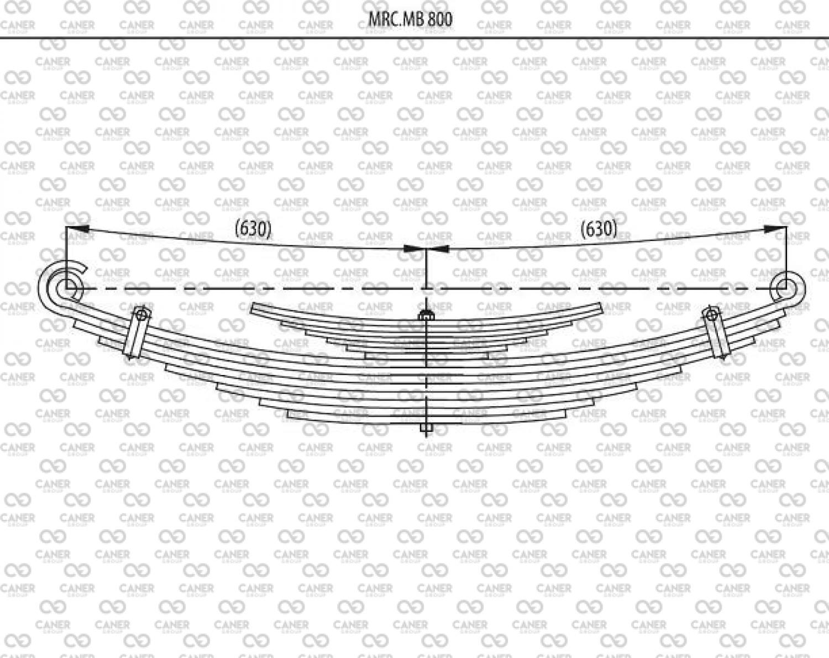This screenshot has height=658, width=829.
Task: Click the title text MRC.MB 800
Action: [410, 19]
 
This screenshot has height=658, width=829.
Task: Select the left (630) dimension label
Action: [253, 229]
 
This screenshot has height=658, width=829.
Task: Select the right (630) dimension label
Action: [599, 229]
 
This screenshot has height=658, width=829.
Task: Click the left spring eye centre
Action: [66, 288]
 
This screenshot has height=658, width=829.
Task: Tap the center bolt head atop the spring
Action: [427, 315]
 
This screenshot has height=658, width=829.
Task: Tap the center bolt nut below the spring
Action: [427, 428]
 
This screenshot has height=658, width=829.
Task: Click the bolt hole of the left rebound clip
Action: [141, 315]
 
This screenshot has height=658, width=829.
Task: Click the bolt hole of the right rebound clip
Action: [712, 315]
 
